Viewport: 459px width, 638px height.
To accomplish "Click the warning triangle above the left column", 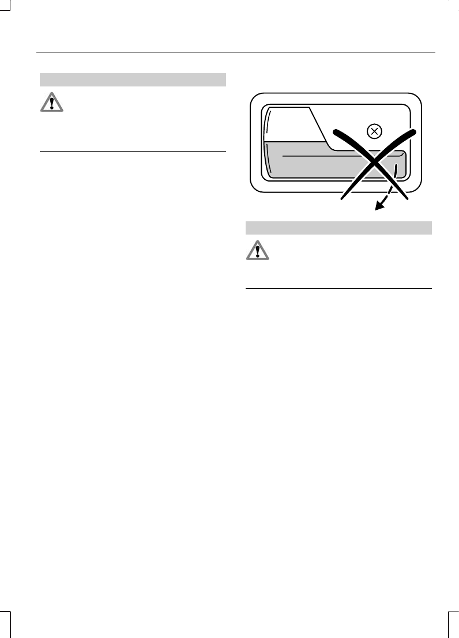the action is pos(52,103).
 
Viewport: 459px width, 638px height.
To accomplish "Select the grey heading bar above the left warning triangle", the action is pos(132,80).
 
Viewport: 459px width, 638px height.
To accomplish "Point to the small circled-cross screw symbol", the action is pos(374,132).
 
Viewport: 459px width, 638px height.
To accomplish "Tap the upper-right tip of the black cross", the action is pos(414,132).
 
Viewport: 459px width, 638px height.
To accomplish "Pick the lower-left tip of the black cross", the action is pos(342,199).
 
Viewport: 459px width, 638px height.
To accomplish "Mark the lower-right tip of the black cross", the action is pos(407,199).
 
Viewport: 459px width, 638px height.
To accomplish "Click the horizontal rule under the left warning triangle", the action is pos(132,152).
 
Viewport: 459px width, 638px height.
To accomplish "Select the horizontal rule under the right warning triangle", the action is pos(338,288).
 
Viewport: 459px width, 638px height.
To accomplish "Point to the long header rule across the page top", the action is pos(235,52).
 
